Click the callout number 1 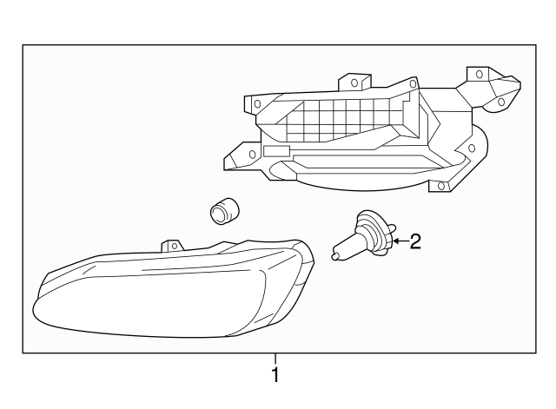pyautogui.click(x=275, y=375)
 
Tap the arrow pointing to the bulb pyautogui.click(x=399, y=241)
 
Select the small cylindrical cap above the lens pyautogui.click(x=225, y=210)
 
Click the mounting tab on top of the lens pyautogui.click(x=174, y=246)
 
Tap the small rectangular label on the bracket pyautogui.click(x=275, y=151)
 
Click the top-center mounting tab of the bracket pyautogui.click(x=351, y=83)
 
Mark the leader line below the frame pyautogui.click(x=275, y=360)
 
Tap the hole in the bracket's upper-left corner pyautogui.click(x=257, y=102)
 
